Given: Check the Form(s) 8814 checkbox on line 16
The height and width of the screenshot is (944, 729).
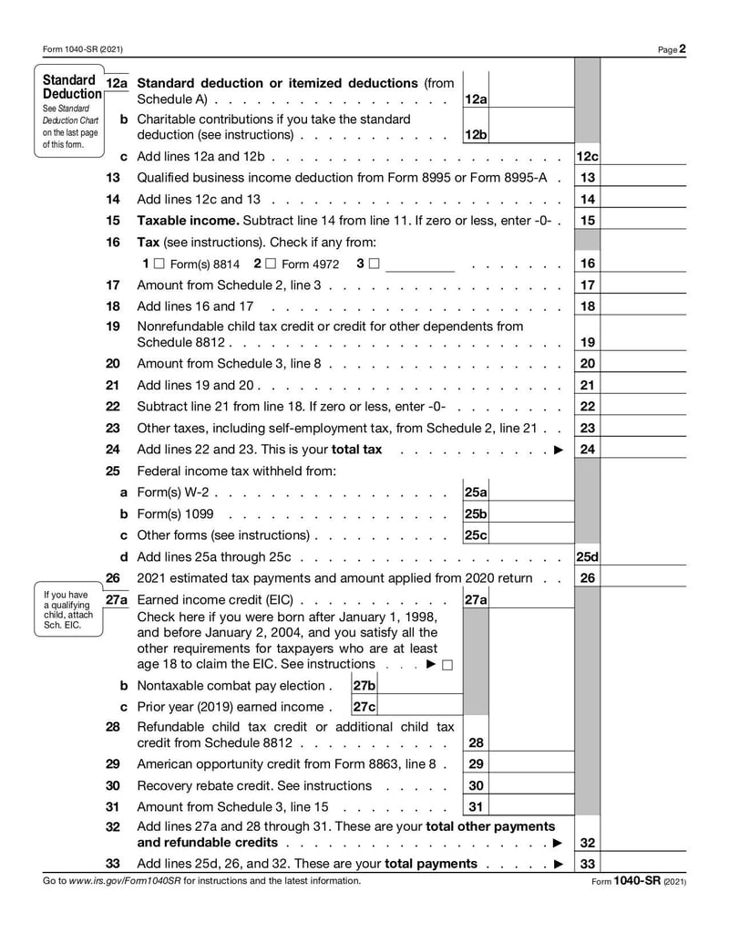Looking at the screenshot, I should [159, 264].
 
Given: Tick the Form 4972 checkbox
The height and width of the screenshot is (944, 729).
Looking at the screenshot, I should [271, 264].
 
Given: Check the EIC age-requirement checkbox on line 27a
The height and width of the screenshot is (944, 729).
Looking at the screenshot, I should [447, 664].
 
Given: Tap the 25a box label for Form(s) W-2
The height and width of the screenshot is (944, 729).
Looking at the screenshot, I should [476, 492].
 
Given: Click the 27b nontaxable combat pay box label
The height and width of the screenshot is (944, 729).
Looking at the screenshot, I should [364, 685].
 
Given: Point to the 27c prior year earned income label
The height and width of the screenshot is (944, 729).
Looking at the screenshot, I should [364, 706].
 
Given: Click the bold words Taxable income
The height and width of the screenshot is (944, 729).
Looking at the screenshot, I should [187, 220].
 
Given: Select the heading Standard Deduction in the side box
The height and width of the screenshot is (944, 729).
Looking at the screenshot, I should [72, 87].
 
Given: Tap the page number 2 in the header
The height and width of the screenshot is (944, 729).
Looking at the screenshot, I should [683, 49].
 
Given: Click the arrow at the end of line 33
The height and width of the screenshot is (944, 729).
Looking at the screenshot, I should [558, 864].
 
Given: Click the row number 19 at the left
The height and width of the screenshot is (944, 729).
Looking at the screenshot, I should [113, 326].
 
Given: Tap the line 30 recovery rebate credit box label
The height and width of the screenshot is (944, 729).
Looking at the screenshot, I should [476, 785].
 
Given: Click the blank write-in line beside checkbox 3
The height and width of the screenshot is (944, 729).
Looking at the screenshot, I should [420, 265].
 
